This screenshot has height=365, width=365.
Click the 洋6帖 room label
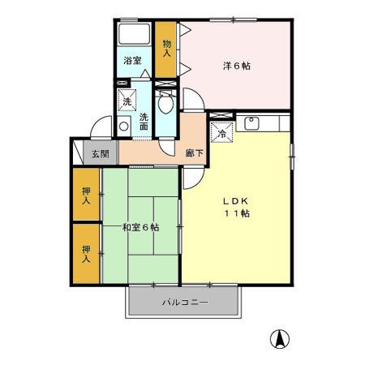[237, 65]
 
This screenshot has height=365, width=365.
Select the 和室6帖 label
[140, 227]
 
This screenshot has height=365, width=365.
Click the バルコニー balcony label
[184, 302]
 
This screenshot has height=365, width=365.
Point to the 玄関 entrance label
[100, 154]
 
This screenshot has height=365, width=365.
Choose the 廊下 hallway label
[194, 152]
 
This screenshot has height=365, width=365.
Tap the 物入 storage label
[167, 48]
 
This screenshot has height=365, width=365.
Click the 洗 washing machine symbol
[126, 101]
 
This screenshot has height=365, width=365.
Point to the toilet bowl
[165, 104]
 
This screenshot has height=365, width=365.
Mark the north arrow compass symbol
[279, 339]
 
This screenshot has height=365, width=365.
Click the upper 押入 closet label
[86, 195]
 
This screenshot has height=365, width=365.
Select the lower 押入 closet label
[86, 251]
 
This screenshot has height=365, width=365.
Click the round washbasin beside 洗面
[124, 127]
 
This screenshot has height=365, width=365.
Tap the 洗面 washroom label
[144, 121]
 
